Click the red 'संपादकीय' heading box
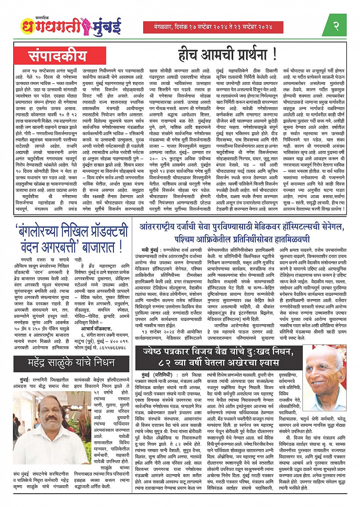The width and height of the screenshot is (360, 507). click(x=58, y=56)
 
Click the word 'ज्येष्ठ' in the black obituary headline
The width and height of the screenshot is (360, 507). click(x=155, y=351)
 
